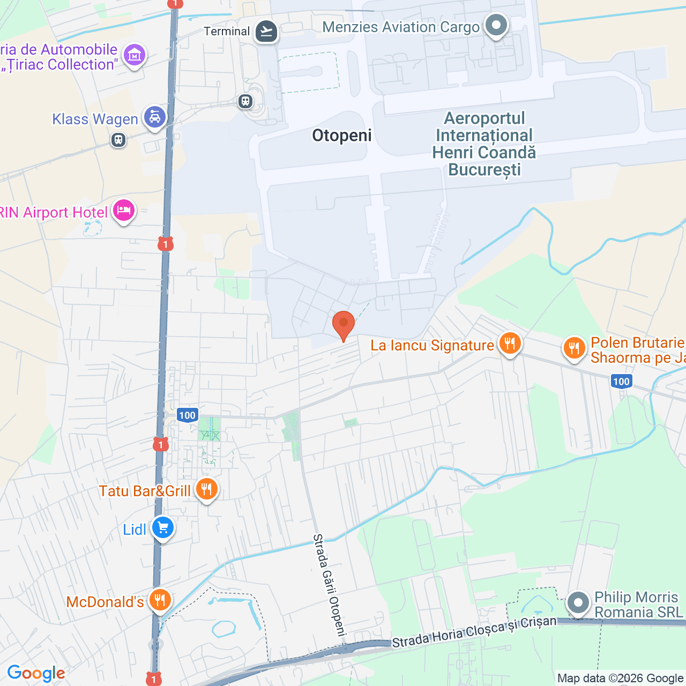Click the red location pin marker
tap(343, 325)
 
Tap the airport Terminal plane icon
tap(266, 31)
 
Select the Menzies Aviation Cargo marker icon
tap(496, 26)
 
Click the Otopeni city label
tap(342, 136)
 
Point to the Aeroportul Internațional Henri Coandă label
tap(484, 144)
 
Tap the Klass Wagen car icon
tap(155, 117)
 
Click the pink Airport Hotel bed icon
tap(124, 211)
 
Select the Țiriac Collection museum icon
tap(134, 55)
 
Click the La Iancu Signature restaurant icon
tap(510, 343)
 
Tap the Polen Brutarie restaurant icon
tap(574, 348)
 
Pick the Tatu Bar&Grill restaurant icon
tap(206, 489)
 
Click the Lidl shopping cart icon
tap(163, 528)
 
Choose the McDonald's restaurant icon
tap(160, 600)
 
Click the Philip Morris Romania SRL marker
tap(578, 603)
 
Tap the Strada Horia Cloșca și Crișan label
tap(474, 632)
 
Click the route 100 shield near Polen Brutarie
tap(621, 382)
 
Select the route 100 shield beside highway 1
tap(187, 415)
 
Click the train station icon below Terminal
tap(245, 101)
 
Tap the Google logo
tap(36, 673)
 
